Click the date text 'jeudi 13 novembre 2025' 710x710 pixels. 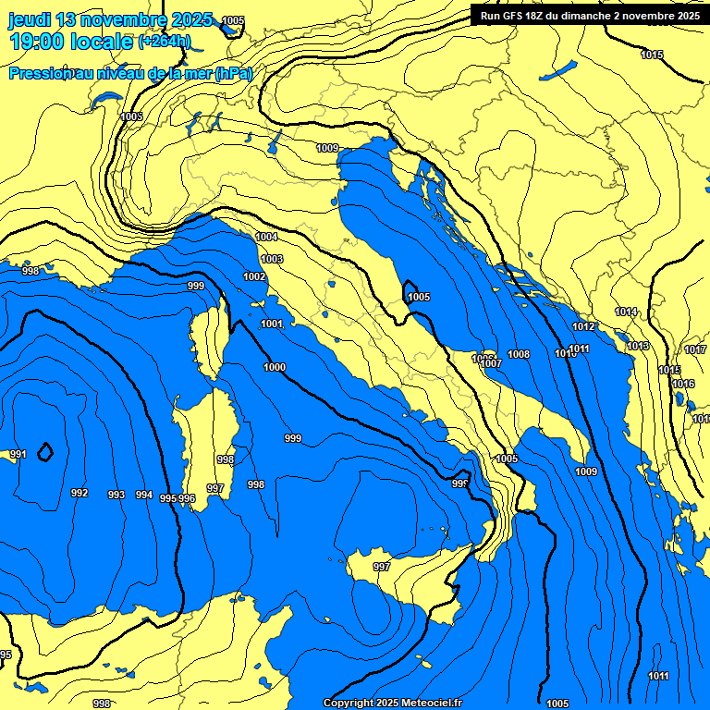pos(110,19)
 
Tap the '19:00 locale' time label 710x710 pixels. pos(70,41)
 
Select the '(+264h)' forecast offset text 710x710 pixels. pos(164,41)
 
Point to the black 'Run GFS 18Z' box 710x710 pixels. pos(590,15)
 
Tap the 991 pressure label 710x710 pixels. pos(18,455)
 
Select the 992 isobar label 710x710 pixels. pos(80,493)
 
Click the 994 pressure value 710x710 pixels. pos(143,495)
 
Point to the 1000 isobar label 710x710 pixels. pos(275,367)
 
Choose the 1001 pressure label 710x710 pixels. pos(272,324)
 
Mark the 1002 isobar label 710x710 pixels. pos(254,276)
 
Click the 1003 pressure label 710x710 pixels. pos(272,259)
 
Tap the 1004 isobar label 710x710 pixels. pos(266,238)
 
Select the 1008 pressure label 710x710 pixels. pos(519,354)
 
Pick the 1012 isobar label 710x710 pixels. pos(582,326)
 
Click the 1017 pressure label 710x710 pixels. pos(695,349)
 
